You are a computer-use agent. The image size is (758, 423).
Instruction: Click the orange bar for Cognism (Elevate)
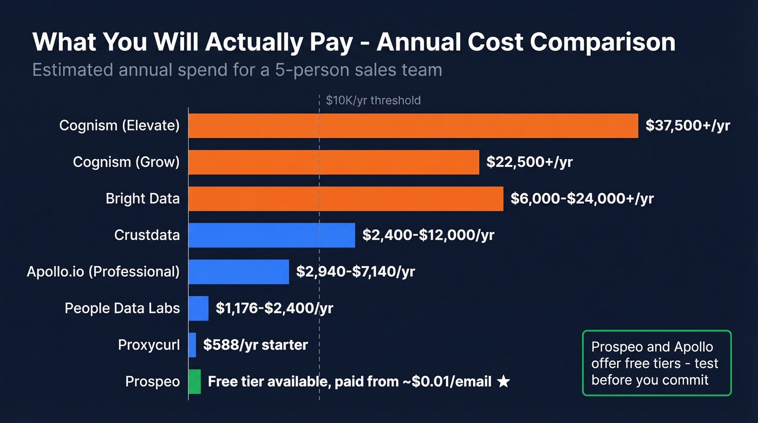[x=413, y=126]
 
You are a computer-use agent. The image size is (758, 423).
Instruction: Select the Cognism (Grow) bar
[x=334, y=162]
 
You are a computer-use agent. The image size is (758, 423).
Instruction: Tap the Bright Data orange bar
[x=346, y=199]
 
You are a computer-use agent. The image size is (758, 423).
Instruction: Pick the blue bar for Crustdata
[x=272, y=235]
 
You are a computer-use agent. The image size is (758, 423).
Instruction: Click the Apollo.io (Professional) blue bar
[x=239, y=271]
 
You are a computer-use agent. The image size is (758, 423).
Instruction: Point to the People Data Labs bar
[x=199, y=308]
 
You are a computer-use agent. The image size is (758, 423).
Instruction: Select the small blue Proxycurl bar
[x=192, y=345]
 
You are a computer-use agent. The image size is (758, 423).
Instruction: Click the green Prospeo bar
[x=194, y=382]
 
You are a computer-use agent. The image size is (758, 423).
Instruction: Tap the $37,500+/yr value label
[x=688, y=126]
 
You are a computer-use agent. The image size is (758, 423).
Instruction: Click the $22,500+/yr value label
[x=529, y=162]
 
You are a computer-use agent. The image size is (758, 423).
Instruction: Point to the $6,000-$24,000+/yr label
[x=582, y=199]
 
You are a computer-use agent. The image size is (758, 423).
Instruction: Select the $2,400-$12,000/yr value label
[x=428, y=235]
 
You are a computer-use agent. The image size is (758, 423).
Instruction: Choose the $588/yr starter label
[x=256, y=345]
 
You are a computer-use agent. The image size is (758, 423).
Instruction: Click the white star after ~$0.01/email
[x=503, y=382]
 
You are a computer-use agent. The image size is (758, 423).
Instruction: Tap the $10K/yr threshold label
[x=373, y=100]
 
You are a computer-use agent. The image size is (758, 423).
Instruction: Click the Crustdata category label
[x=147, y=235]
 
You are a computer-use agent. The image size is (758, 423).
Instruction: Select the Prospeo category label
[x=152, y=382]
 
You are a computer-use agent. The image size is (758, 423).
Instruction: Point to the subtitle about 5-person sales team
[x=237, y=70]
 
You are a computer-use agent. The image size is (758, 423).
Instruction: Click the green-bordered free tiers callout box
[x=657, y=363]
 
